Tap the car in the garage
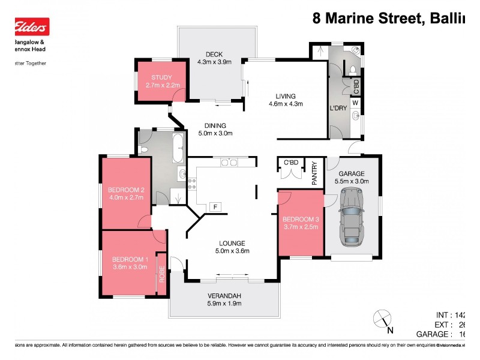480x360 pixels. [352, 217]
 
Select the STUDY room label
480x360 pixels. [161, 81]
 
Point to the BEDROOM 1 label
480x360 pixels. [129, 263]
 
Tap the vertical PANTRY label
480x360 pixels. [314, 173]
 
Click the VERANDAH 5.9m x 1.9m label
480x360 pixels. [224, 299]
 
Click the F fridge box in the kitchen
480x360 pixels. [215, 207]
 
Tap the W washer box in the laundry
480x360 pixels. [355, 103]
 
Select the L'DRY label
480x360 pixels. [338, 109]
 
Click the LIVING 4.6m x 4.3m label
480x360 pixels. [286, 100]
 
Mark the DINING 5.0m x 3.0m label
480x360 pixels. [215, 130]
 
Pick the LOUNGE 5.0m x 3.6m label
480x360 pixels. [231, 247]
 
